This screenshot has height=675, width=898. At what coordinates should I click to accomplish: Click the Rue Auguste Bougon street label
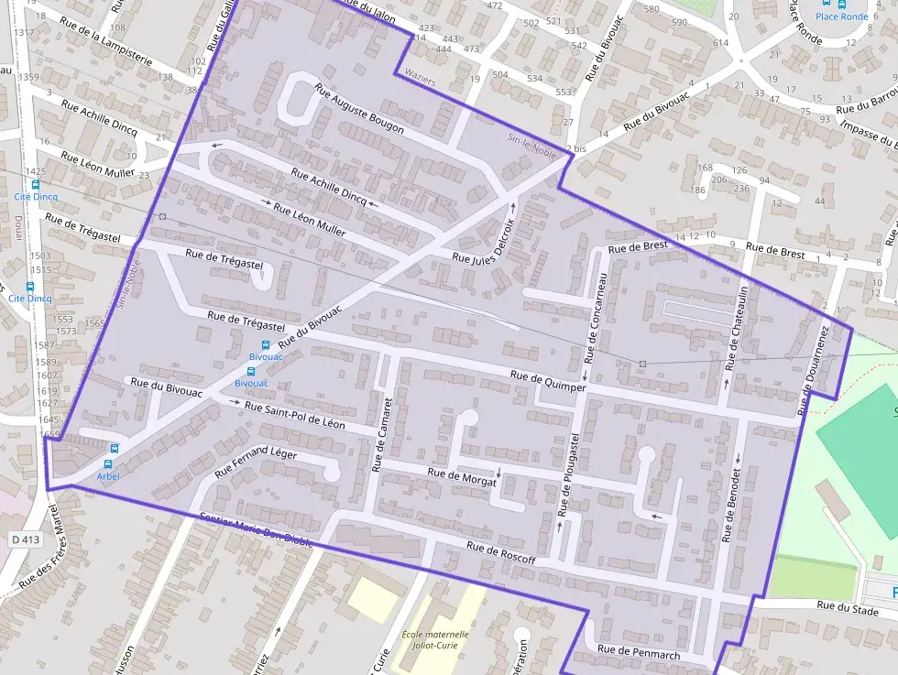pyautogui.click(x=359, y=109)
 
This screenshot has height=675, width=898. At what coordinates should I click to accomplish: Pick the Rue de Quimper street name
pyautogui.click(x=547, y=381)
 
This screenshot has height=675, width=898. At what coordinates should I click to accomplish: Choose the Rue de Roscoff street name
pyautogui.click(x=500, y=552)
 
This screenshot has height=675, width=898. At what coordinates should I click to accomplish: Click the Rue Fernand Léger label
pyautogui.click(x=256, y=462)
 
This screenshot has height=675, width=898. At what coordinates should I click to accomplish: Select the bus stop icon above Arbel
pyautogui.click(x=115, y=449)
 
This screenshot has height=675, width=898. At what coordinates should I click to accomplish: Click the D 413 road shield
pyautogui.click(x=27, y=540)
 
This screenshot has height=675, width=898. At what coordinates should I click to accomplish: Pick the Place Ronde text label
pyautogui.click(x=841, y=16)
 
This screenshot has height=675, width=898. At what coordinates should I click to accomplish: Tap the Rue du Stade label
pyautogui.click(x=848, y=605)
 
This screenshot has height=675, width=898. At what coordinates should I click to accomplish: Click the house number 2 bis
pyautogui.click(x=575, y=148)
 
